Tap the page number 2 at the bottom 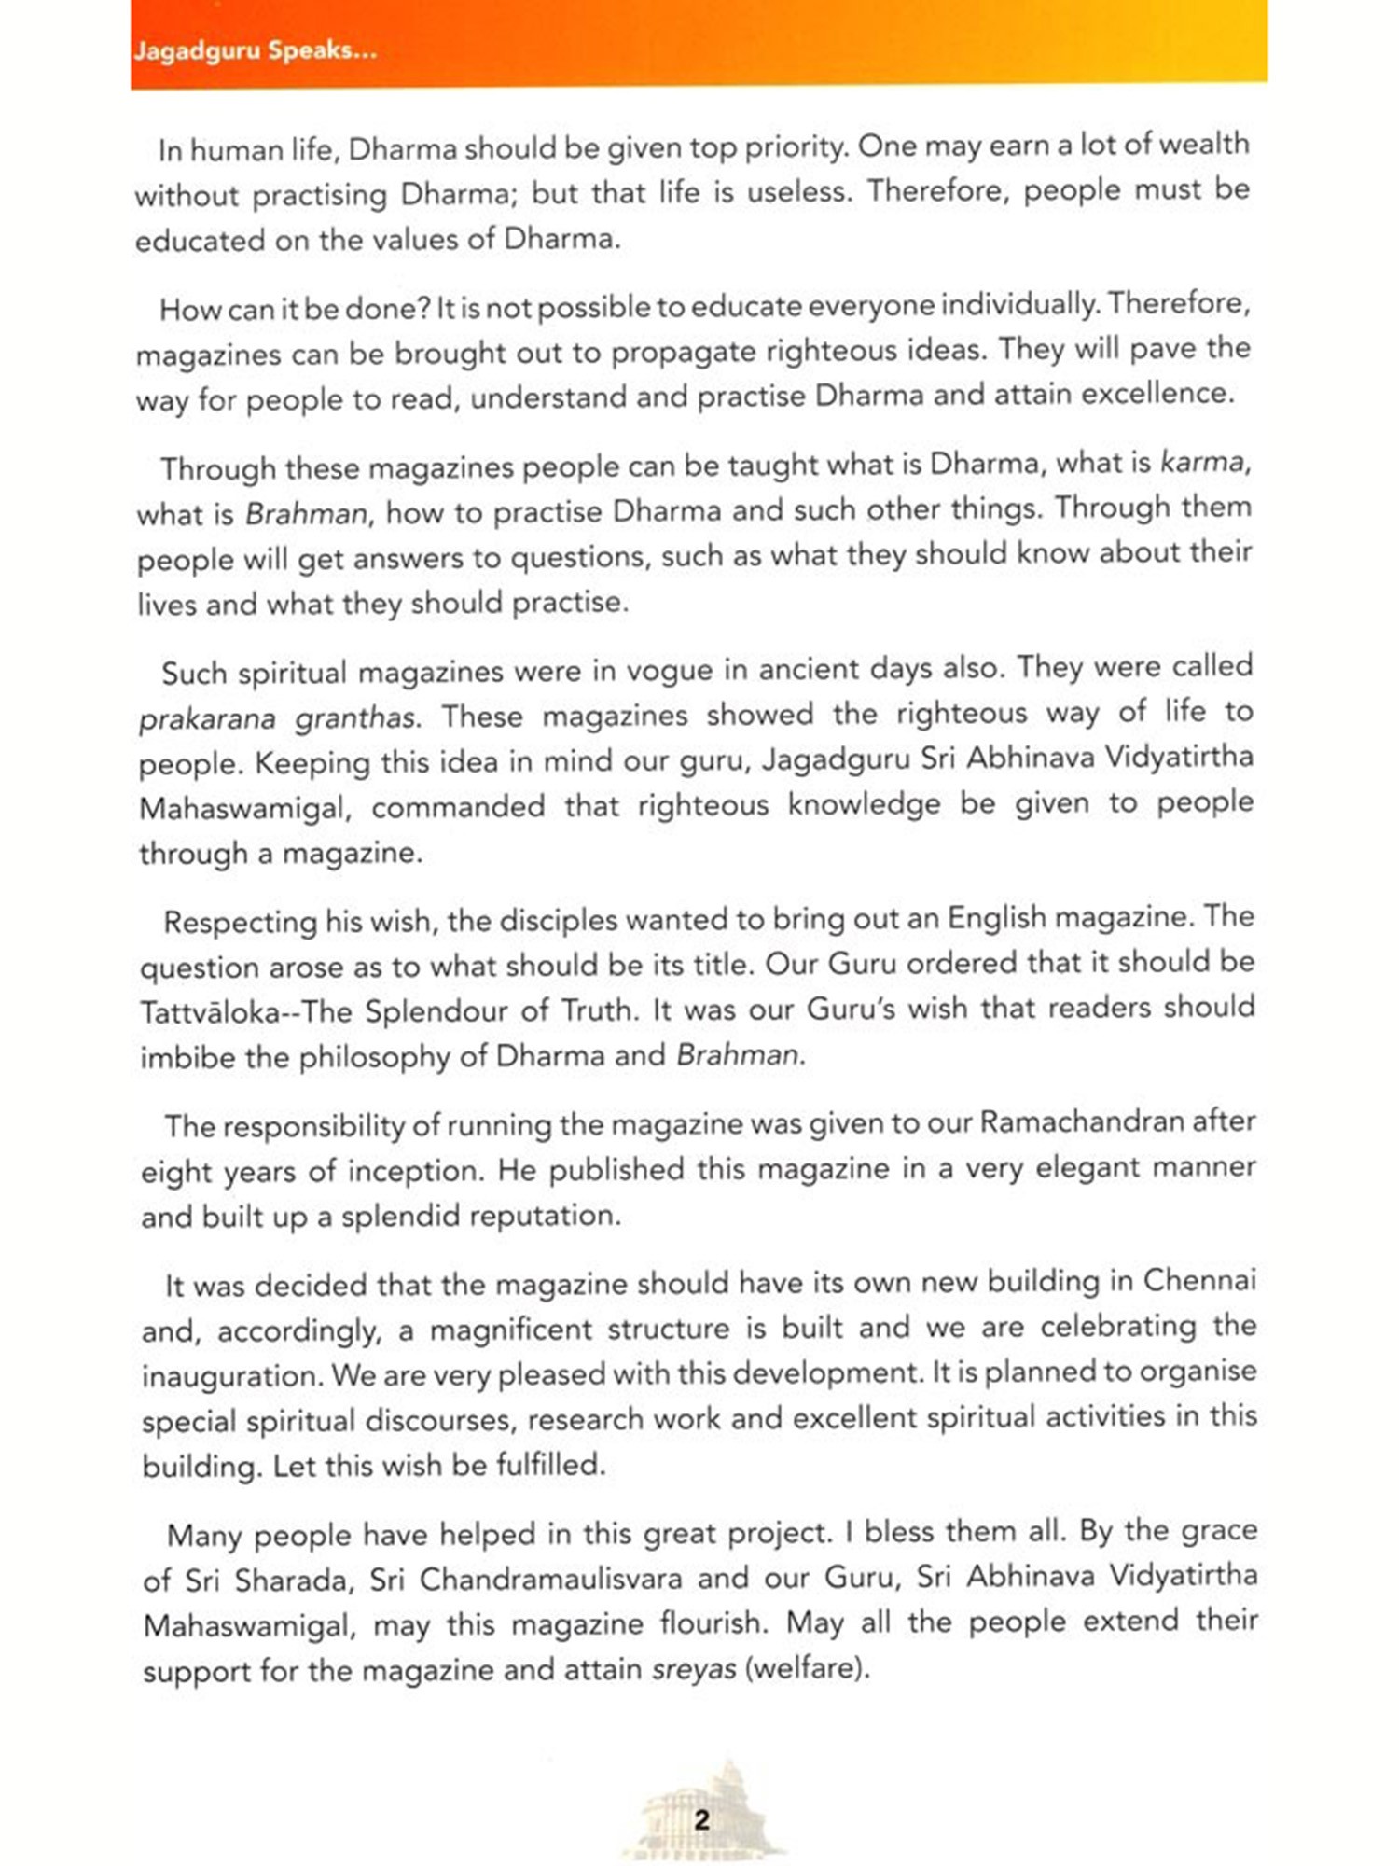coord(701,1819)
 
